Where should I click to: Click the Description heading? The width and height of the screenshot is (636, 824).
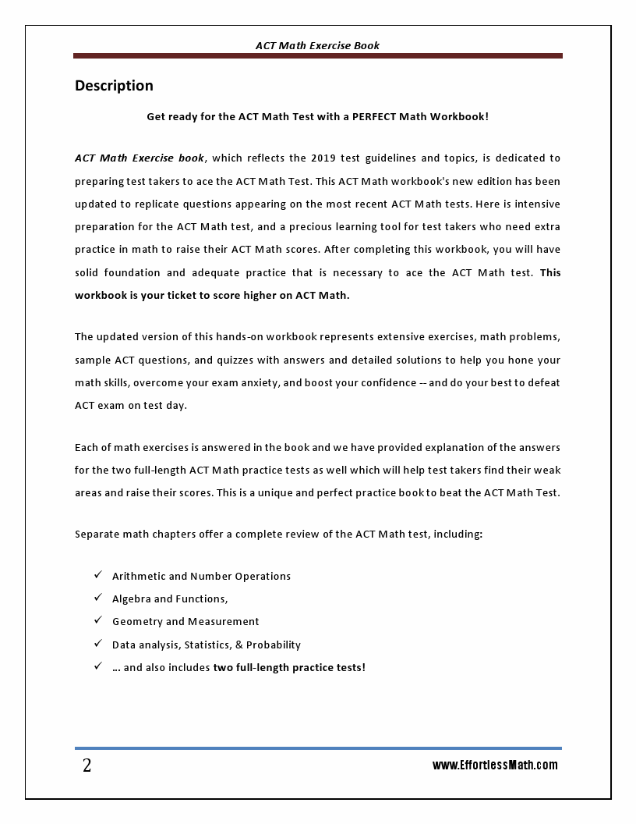tap(114, 86)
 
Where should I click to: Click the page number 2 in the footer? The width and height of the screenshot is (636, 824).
tap(87, 765)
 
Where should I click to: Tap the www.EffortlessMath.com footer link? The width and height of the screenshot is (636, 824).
tap(495, 765)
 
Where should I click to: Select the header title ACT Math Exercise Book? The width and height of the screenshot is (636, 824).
tap(317, 45)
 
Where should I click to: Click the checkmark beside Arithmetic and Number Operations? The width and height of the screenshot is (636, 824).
tap(98, 575)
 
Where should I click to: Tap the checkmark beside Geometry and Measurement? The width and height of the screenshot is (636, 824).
tap(98, 620)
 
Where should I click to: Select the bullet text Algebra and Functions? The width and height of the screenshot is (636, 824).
tap(169, 598)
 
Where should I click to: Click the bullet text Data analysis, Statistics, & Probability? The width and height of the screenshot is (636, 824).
tap(206, 645)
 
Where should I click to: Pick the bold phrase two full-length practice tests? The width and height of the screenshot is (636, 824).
tap(289, 667)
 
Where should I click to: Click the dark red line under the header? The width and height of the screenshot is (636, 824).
tap(317, 56)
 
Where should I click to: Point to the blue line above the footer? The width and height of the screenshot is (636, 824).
tap(317, 748)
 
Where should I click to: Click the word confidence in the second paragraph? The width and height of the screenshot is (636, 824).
tap(385, 383)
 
